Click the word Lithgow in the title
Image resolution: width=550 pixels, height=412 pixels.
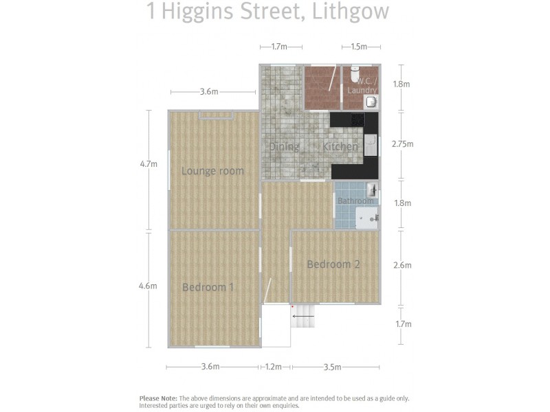point(351,12)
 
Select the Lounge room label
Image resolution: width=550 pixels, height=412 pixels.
point(212,171)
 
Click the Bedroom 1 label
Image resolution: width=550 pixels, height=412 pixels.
point(208,287)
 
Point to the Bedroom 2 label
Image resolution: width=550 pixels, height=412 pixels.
point(333,264)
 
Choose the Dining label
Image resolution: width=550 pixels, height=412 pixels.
point(284,146)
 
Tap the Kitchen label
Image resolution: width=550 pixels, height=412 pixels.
point(340,146)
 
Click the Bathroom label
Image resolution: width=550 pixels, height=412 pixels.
point(355,201)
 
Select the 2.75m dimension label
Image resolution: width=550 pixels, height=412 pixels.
point(402,144)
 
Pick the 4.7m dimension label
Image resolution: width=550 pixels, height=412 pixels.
point(148,164)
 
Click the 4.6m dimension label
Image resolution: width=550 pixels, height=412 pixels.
point(148,286)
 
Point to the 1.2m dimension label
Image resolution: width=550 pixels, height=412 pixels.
point(274,367)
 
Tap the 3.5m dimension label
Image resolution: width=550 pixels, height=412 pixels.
point(332,367)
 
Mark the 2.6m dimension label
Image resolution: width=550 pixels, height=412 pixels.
point(402,265)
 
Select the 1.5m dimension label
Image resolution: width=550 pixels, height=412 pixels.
point(359,47)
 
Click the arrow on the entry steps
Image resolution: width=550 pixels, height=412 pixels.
point(302,317)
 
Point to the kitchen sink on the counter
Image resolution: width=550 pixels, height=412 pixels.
point(371,144)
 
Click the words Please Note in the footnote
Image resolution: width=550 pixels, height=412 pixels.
point(158,398)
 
